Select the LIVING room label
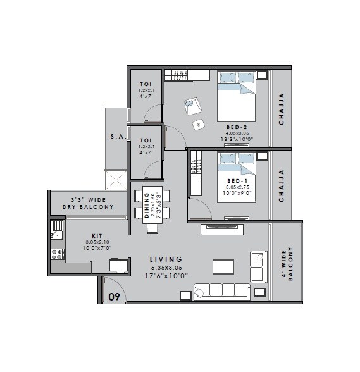point(166,259)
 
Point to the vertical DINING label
point(147,204)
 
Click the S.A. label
point(116,136)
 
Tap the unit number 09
point(114,296)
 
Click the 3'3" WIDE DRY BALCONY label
point(88,203)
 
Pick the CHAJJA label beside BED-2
point(282,109)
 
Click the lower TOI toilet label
point(146,140)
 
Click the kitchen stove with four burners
point(57,255)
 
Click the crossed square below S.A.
point(116,180)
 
